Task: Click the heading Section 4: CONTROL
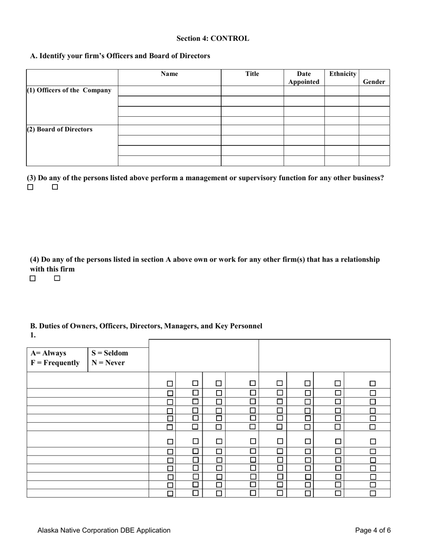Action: pyautogui.click(x=213, y=39)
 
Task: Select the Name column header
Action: pyautogui.click(x=169, y=74)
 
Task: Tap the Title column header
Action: pyautogui.click(x=252, y=74)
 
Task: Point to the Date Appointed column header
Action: pyautogui.click(x=304, y=78)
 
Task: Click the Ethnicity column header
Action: pyautogui.click(x=343, y=74)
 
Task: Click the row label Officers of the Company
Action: pyautogui.click(x=70, y=90)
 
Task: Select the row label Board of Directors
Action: pyautogui.click(x=60, y=129)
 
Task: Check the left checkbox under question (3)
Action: pyautogui.click(x=30, y=187)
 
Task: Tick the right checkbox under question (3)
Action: pyautogui.click(x=55, y=187)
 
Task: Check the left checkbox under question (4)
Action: pyautogui.click(x=33, y=278)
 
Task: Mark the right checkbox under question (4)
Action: pyautogui.click(x=57, y=278)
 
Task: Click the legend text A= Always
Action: pyautogui.click(x=48, y=353)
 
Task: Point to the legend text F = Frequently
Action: pyautogui.click(x=55, y=363)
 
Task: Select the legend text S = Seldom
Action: pyautogui.click(x=110, y=353)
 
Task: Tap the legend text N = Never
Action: pyautogui.click(x=108, y=363)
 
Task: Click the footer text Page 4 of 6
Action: pyautogui.click(x=373, y=530)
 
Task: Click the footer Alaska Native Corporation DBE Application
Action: pyautogui.click(x=104, y=530)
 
